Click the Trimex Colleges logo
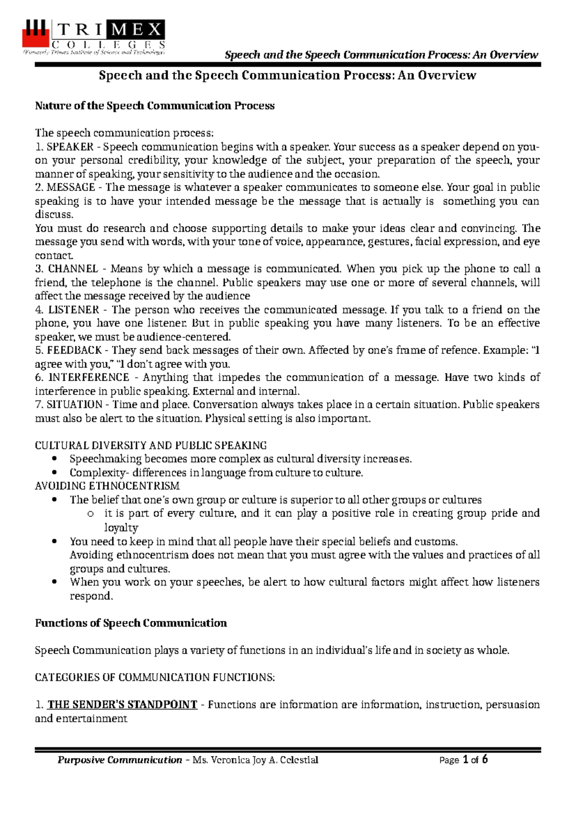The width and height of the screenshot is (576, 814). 94,37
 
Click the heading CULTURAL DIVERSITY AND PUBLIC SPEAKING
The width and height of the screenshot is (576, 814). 151,445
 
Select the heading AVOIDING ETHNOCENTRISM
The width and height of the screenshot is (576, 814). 107,486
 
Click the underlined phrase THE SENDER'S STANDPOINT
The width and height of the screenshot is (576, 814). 122,705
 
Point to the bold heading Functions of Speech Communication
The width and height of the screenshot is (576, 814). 131,623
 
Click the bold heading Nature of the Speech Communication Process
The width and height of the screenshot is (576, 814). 155,106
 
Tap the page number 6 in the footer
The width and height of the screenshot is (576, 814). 485,759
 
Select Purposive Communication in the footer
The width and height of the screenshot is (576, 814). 120,760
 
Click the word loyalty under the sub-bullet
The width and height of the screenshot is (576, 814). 121,528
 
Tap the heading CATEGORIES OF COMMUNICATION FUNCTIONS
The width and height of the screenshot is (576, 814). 155,678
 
